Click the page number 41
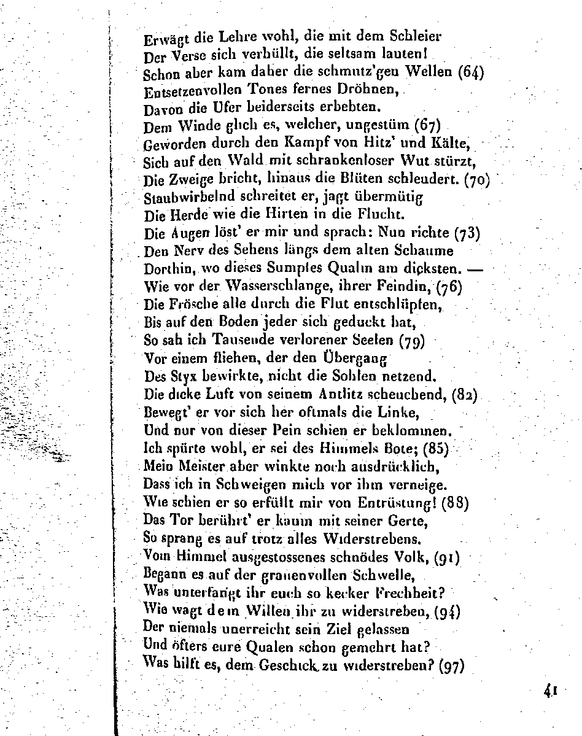pos(549,690)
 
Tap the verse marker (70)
pos(476,182)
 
